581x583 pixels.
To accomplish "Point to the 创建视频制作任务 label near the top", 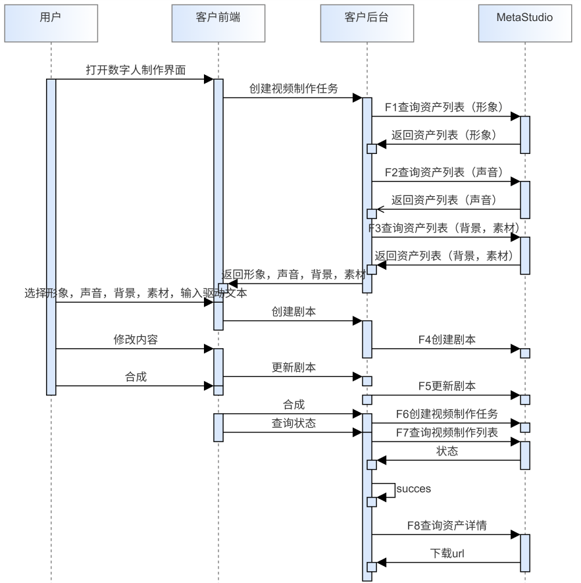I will click(293, 88).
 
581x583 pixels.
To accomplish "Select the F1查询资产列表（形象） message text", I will click(445, 107).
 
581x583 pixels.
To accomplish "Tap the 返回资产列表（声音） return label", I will click(443, 199).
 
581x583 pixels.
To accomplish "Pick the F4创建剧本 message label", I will click(447, 340).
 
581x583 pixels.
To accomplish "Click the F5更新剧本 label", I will click(447, 386).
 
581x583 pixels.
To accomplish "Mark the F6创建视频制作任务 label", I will click(447, 413).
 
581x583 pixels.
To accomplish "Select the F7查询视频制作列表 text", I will click(447, 432).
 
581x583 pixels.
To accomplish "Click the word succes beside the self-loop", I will click(414, 488).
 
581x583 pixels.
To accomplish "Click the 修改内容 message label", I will click(136, 340).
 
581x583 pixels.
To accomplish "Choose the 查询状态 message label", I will click(293, 423).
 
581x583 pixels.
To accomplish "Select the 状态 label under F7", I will click(447, 451).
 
